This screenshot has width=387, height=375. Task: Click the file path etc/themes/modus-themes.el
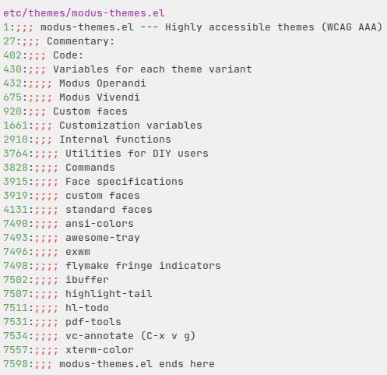pyautogui.click(x=84, y=13)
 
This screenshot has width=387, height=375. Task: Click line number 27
pyautogui.click(x=9, y=41)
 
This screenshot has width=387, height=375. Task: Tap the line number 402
pyautogui.click(x=12, y=55)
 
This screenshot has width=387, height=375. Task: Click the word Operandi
pyautogui.click(x=121, y=83)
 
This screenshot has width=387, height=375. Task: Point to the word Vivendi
pyautogui.click(x=118, y=97)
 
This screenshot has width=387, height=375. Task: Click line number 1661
pyautogui.click(x=16, y=126)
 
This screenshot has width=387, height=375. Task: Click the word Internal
pyautogui.click(x=84, y=140)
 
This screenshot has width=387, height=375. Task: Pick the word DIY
pyautogui.click(x=162, y=154)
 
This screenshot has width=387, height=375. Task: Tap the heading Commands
pyautogui.click(x=90, y=168)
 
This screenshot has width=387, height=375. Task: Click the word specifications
pyautogui.click(x=140, y=182)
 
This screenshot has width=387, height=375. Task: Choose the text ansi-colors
pyautogui.click(x=100, y=224)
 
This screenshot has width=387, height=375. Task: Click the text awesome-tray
pyautogui.click(x=103, y=238)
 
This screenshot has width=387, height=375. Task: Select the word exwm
pyautogui.click(x=78, y=252)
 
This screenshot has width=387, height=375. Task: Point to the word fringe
pyautogui.click(x=134, y=266)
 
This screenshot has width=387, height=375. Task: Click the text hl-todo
pyautogui.click(x=87, y=308)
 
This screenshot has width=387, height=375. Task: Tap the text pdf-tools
pyautogui.click(x=93, y=322)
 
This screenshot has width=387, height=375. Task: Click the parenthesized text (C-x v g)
pyautogui.click(x=168, y=336)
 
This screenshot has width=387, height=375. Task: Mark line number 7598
pyautogui.click(x=16, y=364)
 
